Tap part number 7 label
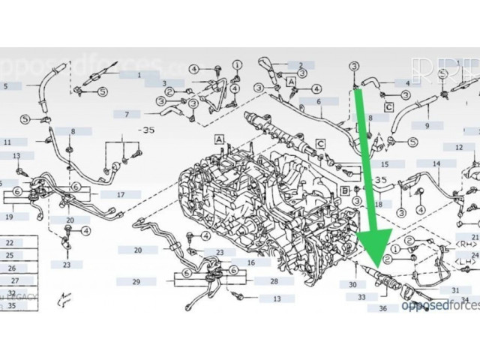point(127,115)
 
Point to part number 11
point(7,142)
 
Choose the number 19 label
point(9,217)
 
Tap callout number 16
point(250,262)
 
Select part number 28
point(274,281)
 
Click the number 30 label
point(352,285)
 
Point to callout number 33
point(362,297)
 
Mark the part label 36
point(383,308)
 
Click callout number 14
point(435,163)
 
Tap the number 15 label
point(385,163)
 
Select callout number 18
point(378,204)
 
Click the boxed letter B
point(344,191)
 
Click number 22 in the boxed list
point(10,243)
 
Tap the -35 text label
point(147,129)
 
